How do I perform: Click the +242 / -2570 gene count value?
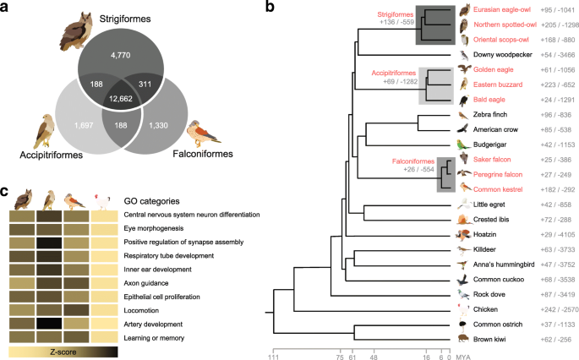(543, 308)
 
